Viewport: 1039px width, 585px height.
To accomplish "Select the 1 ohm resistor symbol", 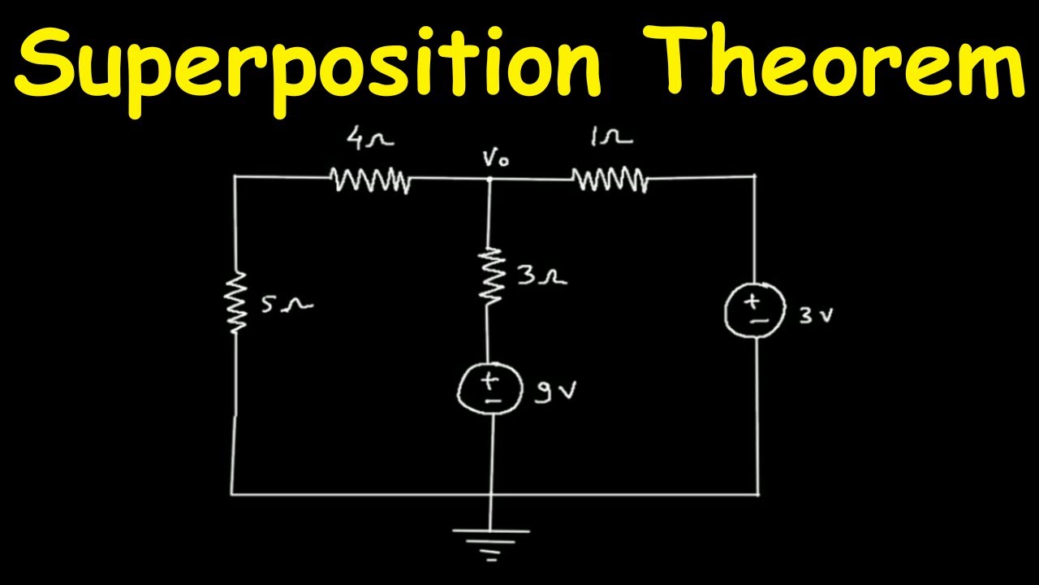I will [x=610, y=179].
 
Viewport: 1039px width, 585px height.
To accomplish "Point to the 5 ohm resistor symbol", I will [x=236, y=303].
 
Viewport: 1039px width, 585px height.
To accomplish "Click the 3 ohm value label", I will [x=540, y=278].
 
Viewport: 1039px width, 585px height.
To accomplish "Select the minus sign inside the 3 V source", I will [x=754, y=320].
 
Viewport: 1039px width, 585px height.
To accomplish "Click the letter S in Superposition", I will [x=46, y=60].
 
